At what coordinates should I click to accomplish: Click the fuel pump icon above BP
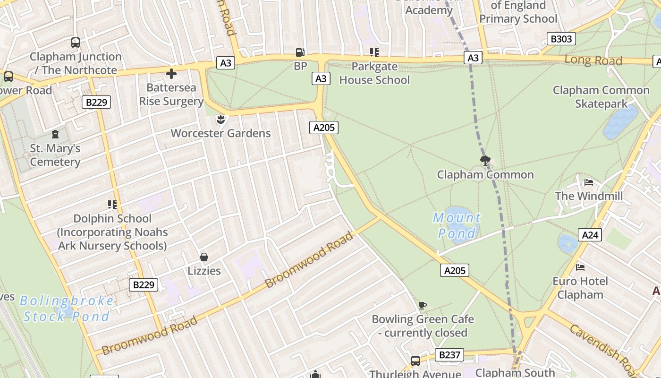[x=300, y=52]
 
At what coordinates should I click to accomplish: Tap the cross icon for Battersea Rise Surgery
[x=171, y=73]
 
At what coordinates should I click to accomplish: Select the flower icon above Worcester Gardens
[x=220, y=119]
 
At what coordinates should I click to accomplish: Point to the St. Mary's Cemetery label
[x=55, y=155]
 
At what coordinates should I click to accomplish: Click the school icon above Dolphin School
[x=112, y=205]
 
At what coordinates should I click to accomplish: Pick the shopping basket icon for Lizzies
[x=204, y=257]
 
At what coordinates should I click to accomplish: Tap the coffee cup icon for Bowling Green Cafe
[x=423, y=305]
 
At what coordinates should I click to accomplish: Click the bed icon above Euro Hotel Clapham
[x=580, y=267]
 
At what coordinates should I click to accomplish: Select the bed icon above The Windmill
[x=588, y=182]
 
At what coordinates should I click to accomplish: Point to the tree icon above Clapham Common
[x=485, y=160]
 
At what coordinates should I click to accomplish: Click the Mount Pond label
[x=457, y=225]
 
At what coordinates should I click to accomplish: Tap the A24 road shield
[x=590, y=235]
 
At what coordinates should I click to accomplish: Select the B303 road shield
[x=561, y=39]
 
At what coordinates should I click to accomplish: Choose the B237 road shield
[x=449, y=355]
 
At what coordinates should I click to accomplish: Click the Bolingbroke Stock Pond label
[x=67, y=309]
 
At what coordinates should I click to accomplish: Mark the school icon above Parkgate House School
[x=374, y=52]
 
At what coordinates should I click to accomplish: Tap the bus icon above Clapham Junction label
[x=76, y=43]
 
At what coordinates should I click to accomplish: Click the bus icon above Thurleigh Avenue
[x=415, y=361]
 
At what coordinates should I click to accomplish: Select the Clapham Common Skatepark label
[x=601, y=96]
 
